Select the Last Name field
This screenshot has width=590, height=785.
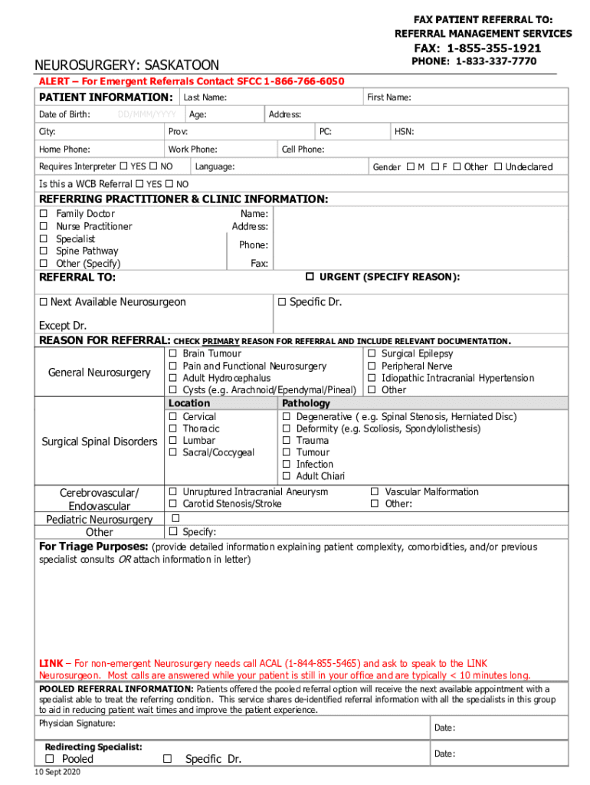pyautogui.click(x=272, y=97)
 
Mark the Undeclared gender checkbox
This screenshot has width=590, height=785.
pyautogui.click(x=498, y=166)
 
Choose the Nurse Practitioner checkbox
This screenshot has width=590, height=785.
pyautogui.click(x=44, y=227)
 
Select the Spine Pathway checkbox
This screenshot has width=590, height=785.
pyautogui.click(x=44, y=251)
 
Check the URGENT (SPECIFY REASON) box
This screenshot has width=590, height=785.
pyautogui.click(x=310, y=276)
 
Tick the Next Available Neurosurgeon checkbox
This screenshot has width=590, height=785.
pyautogui.click(x=44, y=302)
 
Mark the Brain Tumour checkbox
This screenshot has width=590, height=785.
pyautogui.click(x=173, y=353)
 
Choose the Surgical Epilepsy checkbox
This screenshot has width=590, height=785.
pyautogui.click(x=372, y=353)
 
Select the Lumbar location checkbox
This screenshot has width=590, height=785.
pyautogui.click(x=173, y=441)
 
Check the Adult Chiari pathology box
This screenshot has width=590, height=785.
pyautogui.click(x=287, y=476)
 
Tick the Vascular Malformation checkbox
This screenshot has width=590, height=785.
pyautogui.click(x=375, y=491)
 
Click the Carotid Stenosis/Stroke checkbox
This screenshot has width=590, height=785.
pyautogui.click(x=173, y=504)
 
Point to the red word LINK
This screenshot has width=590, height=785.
pyautogui.click(x=51, y=663)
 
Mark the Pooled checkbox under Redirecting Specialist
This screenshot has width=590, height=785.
pyautogui.click(x=49, y=759)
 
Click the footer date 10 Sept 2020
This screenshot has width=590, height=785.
pyautogui.click(x=57, y=772)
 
